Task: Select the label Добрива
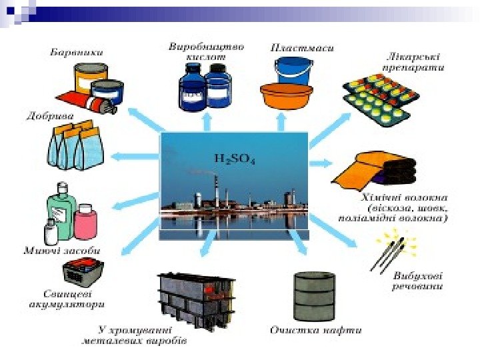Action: [x=50, y=115]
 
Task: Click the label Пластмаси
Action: [x=302, y=48]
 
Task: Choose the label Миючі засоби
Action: [x=62, y=251]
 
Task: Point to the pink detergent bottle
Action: [x=86, y=221]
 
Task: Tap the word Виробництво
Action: [x=206, y=47]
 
